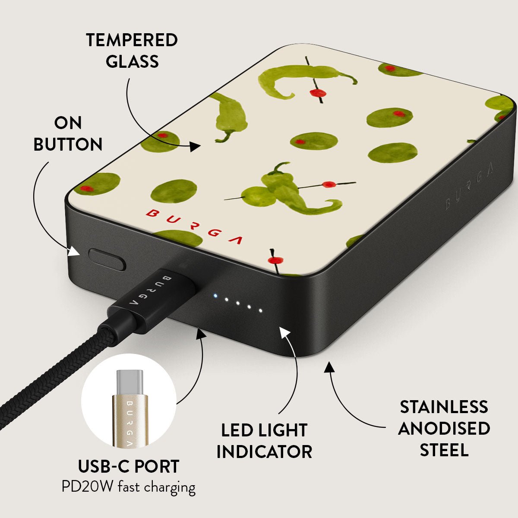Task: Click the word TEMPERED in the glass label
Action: tap(132, 40)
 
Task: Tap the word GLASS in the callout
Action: tap(132, 61)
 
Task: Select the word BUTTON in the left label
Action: tap(68, 144)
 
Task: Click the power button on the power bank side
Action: tap(107, 259)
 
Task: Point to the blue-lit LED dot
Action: tap(215, 296)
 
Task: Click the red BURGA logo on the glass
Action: tap(194, 227)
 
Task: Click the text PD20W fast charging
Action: tap(129, 487)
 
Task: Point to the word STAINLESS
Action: tap(444, 407)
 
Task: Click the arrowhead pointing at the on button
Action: tap(74, 252)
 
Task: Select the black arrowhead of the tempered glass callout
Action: tap(195, 146)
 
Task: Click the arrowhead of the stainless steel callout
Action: tap(329, 367)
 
